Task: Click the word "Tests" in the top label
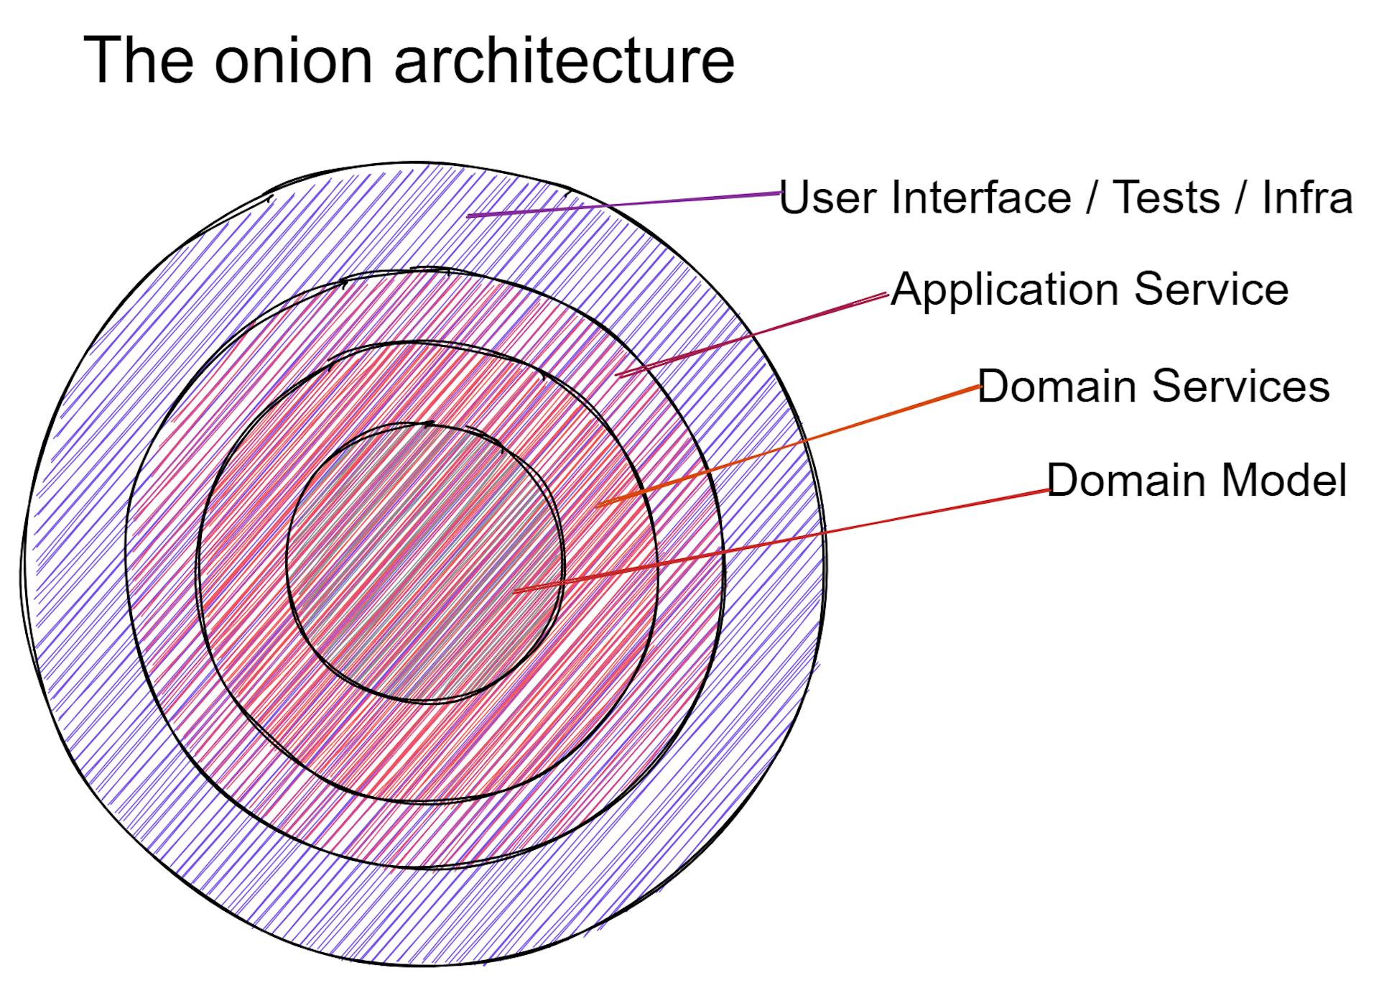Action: (x=1166, y=197)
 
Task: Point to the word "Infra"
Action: (x=1307, y=197)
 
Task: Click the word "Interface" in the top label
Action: (x=981, y=197)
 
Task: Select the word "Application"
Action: (x=1003, y=290)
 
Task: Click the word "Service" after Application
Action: (x=1212, y=289)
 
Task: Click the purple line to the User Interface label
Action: (x=623, y=204)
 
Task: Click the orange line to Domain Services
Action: (x=788, y=446)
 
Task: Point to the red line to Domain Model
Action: (x=781, y=541)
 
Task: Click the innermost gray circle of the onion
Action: (x=425, y=562)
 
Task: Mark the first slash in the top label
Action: (x=1092, y=197)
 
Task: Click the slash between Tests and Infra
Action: (x=1241, y=197)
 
